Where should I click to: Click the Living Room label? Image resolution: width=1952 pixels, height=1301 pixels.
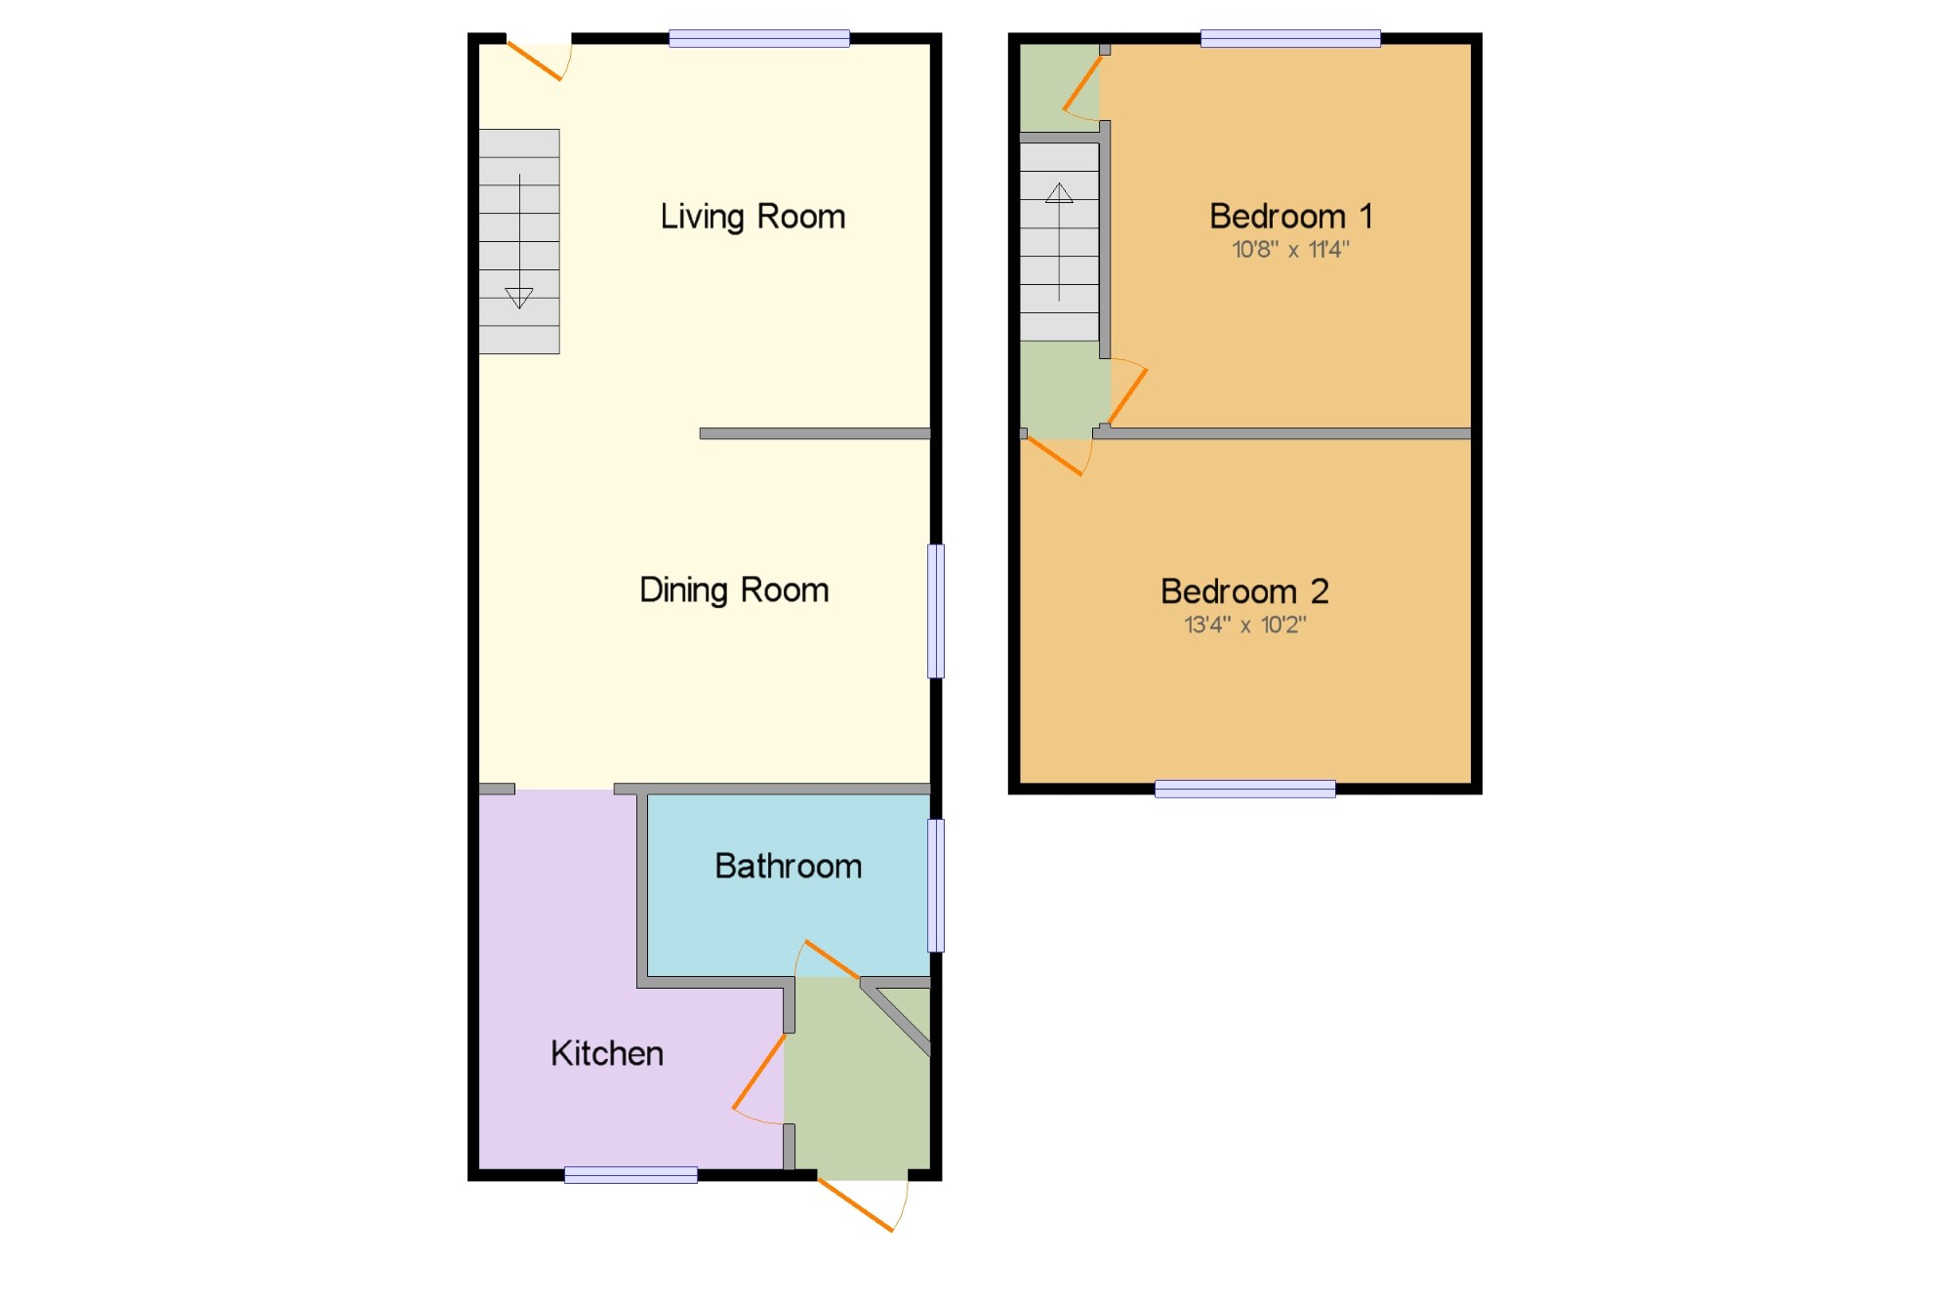click(752, 217)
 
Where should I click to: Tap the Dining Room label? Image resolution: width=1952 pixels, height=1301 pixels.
click(734, 590)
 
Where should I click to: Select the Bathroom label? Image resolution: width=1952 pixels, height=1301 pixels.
click(788, 866)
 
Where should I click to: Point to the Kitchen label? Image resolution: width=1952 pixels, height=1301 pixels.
click(607, 1053)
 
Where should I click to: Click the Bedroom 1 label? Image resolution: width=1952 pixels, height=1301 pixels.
click(1290, 216)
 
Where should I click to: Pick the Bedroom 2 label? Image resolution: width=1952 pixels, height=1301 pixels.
click(1244, 591)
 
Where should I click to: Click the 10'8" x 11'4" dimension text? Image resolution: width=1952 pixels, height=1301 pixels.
click(1290, 250)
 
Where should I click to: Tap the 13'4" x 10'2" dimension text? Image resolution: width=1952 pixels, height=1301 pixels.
click(1244, 625)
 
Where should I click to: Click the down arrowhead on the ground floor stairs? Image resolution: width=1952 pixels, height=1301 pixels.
click(519, 298)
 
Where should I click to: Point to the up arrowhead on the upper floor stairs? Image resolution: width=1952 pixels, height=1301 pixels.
click(1059, 192)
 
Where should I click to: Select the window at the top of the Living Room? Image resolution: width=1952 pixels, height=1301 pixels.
click(759, 39)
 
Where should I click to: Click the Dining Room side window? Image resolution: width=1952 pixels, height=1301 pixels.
click(936, 611)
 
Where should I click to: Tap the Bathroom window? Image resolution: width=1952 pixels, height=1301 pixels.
click(936, 885)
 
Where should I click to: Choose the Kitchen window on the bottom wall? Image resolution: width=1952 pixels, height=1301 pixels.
click(631, 1175)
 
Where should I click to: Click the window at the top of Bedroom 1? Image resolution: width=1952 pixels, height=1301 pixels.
click(1290, 39)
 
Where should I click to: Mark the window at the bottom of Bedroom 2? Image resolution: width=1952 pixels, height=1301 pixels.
click(1245, 789)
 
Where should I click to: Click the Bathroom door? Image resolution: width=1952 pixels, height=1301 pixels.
click(831, 959)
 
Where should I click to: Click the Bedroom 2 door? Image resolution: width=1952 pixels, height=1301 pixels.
click(1056, 457)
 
